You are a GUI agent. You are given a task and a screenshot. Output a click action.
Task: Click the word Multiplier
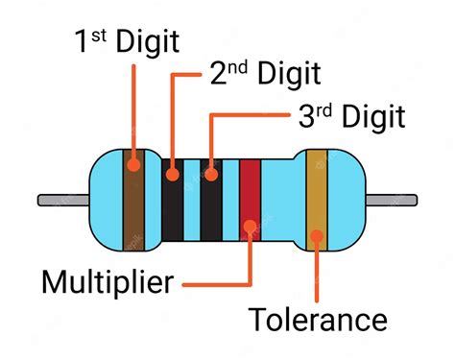tap(108, 282)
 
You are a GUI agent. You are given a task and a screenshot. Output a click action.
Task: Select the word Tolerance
tap(318, 320)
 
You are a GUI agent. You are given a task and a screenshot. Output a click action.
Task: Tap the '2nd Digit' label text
tap(262, 74)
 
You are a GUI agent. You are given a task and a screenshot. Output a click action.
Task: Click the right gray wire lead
tap(394, 201)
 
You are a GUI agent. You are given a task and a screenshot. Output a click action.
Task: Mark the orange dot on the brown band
tap(132, 164)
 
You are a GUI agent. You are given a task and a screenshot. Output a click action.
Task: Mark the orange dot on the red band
tap(251, 227)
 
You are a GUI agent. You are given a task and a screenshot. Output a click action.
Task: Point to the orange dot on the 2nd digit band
tap(173, 176)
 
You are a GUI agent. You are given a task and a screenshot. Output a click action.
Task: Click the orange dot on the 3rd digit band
tap(210, 176)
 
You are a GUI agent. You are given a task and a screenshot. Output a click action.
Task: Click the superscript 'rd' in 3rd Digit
tap(323, 108)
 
